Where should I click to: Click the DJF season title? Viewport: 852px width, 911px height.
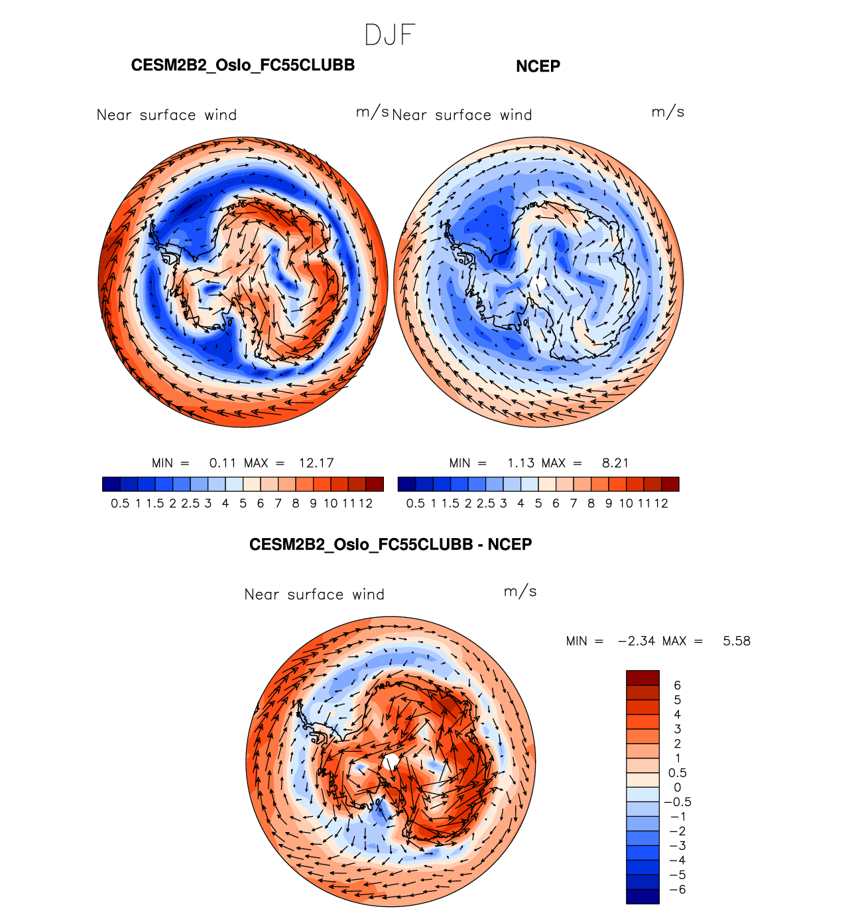[x=390, y=35]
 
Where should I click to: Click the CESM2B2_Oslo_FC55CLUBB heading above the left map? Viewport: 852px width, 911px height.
[x=243, y=66]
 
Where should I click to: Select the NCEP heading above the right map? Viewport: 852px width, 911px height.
[x=538, y=66]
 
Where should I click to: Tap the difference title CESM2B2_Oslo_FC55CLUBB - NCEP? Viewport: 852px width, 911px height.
[x=391, y=545]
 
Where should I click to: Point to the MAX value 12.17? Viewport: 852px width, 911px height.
[x=316, y=463]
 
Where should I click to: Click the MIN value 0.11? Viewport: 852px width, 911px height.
[x=222, y=463]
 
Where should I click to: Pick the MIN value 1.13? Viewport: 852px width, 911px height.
[x=520, y=463]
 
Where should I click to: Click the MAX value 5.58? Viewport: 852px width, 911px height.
[x=737, y=641]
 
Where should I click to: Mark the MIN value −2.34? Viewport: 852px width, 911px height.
[x=637, y=641]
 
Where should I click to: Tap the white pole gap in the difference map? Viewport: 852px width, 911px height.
[x=392, y=761]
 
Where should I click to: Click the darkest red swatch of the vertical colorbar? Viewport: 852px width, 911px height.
[x=642, y=677]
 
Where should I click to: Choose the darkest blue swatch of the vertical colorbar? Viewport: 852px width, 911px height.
[x=642, y=896]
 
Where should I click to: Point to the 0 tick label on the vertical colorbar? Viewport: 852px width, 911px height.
[x=677, y=788]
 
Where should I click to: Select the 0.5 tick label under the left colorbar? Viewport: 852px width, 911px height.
[x=120, y=504]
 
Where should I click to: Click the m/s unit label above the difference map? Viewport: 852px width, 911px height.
[x=520, y=591]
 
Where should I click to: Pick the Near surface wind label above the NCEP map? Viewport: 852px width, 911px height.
[x=462, y=115]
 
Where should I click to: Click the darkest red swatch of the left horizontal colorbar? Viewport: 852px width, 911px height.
[x=375, y=484]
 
